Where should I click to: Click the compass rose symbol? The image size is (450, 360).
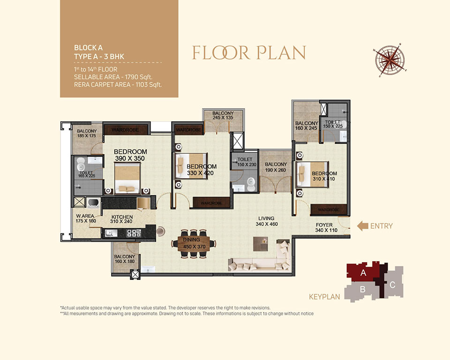click(x=390, y=60)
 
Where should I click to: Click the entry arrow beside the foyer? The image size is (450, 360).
click(x=362, y=226)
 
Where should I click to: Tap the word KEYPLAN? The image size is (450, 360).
click(x=324, y=297)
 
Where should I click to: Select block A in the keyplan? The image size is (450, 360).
click(x=363, y=272)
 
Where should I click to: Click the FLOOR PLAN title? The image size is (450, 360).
click(x=249, y=52)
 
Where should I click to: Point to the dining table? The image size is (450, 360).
click(x=194, y=244)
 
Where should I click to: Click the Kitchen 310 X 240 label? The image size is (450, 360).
click(x=122, y=219)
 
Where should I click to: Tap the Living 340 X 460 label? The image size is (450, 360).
click(x=267, y=221)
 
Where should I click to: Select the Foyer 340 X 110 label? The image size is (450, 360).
click(x=326, y=227)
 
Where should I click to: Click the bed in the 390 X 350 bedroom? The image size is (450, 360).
click(x=127, y=178)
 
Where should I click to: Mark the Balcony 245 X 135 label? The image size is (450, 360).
click(x=223, y=115)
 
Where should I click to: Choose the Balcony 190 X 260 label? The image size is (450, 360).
click(x=276, y=167)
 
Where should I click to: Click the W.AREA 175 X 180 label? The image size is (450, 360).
click(x=85, y=218)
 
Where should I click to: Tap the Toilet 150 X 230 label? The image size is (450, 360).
click(x=246, y=162)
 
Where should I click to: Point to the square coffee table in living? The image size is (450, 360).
click(x=261, y=244)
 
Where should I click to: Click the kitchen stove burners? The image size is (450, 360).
click(x=134, y=233)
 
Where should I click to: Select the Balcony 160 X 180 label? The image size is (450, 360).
click(x=124, y=259)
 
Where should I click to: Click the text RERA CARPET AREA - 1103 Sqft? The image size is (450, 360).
click(x=118, y=85)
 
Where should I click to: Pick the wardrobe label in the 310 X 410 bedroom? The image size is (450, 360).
click(x=329, y=210)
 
